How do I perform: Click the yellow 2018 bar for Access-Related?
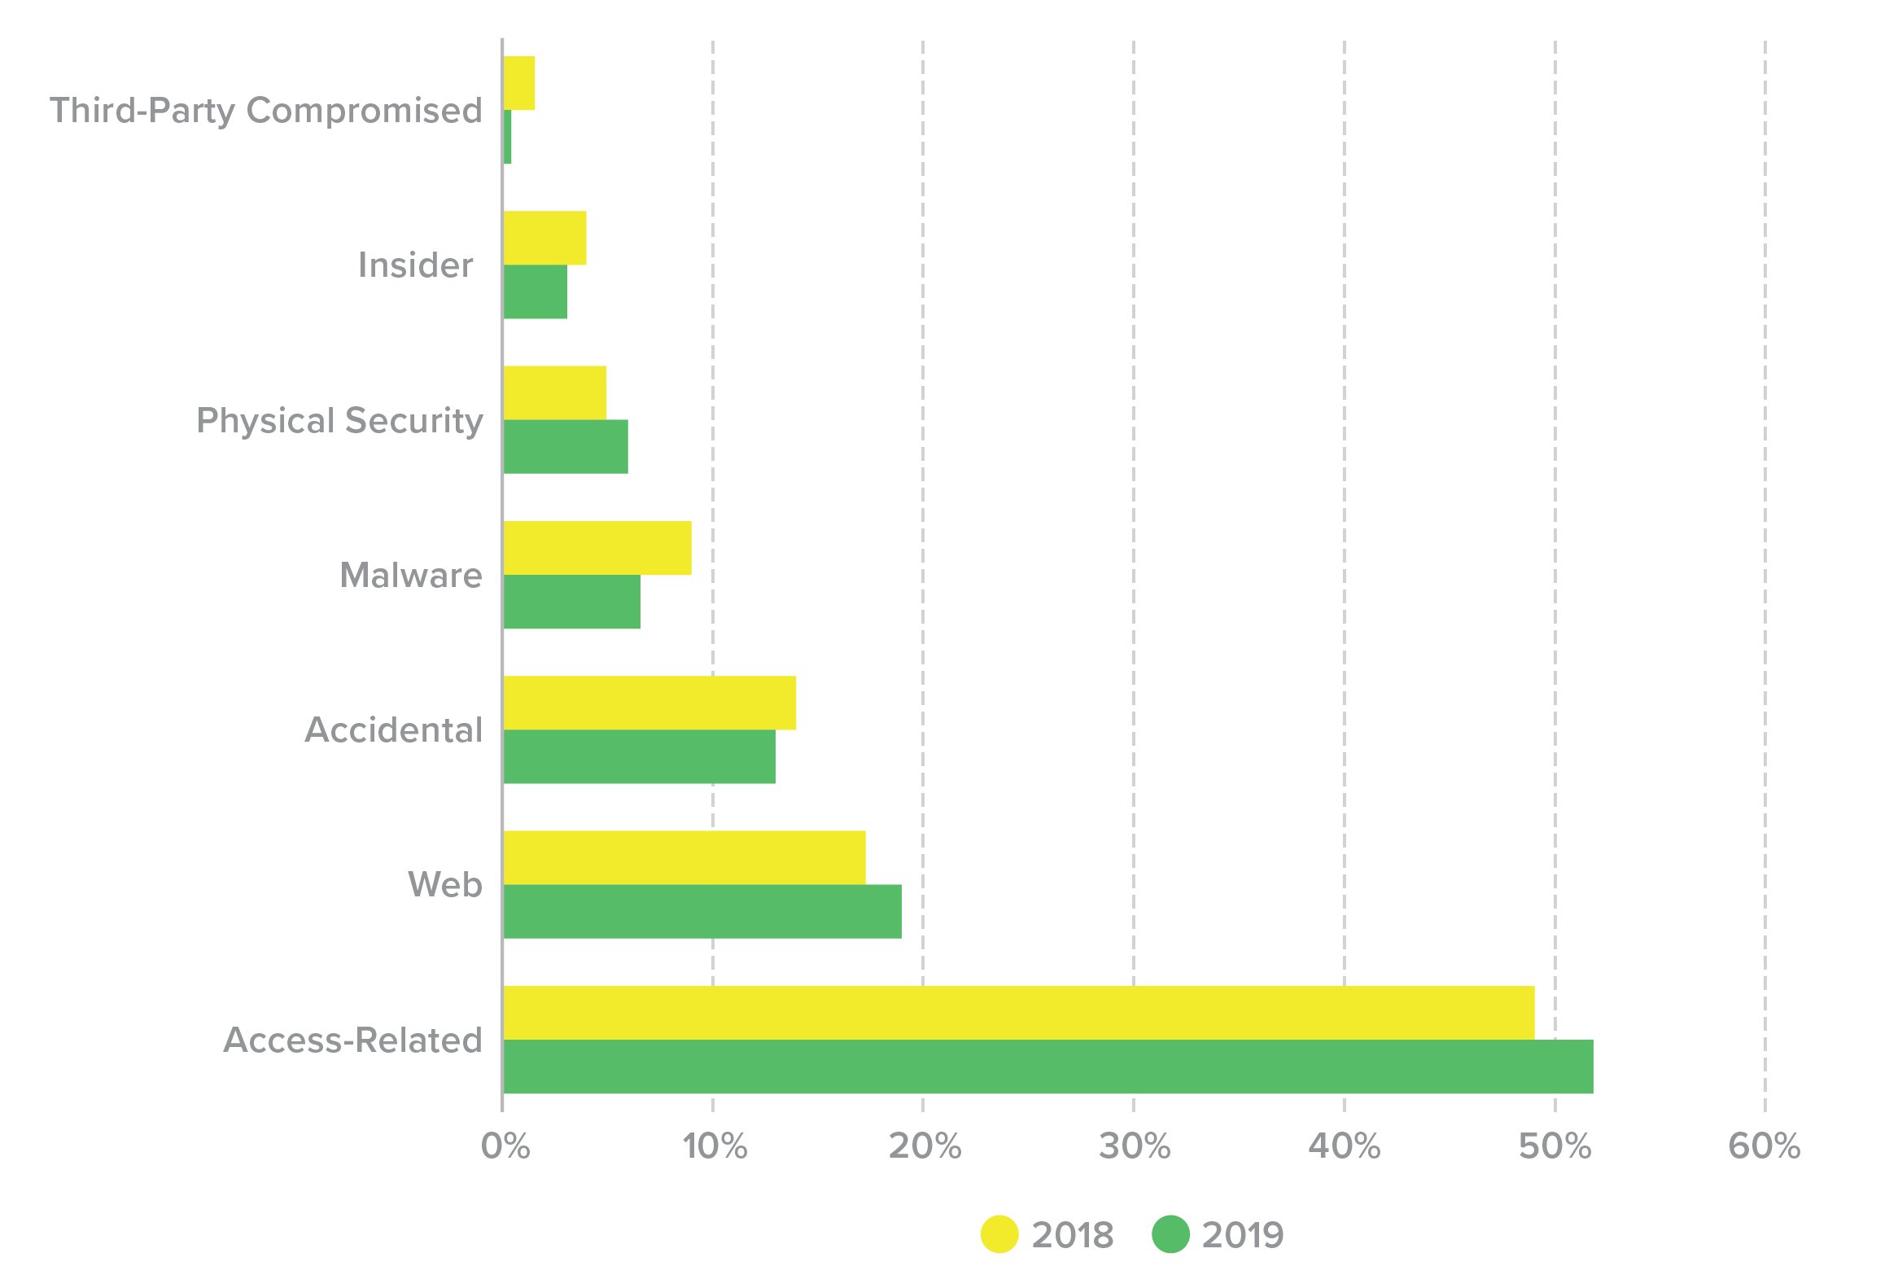click(1017, 1013)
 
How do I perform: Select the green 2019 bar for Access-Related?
click(1047, 1067)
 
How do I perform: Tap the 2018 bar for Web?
click(684, 857)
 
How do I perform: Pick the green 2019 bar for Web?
click(702, 911)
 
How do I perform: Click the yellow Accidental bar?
click(649, 703)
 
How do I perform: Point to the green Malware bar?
click(571, 602)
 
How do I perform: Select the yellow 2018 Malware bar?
click(597, 548)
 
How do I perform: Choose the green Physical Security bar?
click(566, 446)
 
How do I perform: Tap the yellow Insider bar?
click(544, 238)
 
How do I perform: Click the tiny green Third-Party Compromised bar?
click(508, 138)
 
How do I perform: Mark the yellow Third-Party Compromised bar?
click(519, 83)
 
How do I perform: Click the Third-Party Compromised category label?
click(266, 111)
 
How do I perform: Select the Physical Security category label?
click(339, 421)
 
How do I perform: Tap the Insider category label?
click(415, 265)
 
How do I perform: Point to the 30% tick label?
click(1134, 1146)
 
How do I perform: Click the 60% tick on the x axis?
click(1764, 1146)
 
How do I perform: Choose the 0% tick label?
click(505, 1146)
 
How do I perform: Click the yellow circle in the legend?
click(999, 1234)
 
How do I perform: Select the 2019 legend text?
click(1242, 1235)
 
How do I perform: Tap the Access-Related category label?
click(352, 1040)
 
